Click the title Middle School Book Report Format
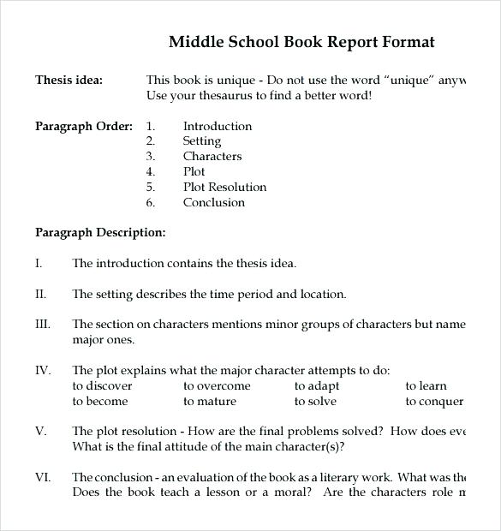coord(301,42)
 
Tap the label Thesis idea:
coord(69,80)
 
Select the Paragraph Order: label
coord(83,126)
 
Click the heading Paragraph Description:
coord(100,232)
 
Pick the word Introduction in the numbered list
coord(218,126)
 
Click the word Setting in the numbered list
coord(202,141)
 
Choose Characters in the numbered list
coord(212,157)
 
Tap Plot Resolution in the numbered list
coord(224,188)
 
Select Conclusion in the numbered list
coord(214,203)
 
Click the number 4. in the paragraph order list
coord(151,172)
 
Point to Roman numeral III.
coord(43,325)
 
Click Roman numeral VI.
coord(43,477)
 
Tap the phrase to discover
coord(102,386)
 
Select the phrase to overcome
coord(217,386)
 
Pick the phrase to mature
coord(210,402)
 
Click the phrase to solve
coord(316,402)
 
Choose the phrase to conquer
coord(434,402)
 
